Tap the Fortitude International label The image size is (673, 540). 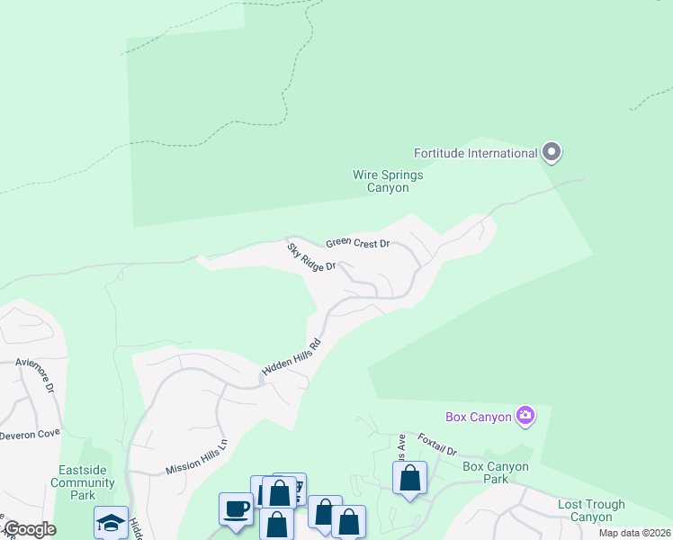(475, 153)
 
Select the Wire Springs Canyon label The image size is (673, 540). (388, 181)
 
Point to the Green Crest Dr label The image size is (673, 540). (357, 243)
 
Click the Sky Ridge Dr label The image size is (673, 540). (311, 256)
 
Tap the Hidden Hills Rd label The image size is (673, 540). (292, 357)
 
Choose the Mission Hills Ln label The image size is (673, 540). (197, 456)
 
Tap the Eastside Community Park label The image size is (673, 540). (85, 482)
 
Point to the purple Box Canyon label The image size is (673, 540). (478, 417)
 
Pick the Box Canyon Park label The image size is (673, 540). (496, 472)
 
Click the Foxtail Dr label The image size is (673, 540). (438, 448)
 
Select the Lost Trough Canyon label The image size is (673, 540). (591, 510)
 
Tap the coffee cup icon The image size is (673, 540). (237, 508)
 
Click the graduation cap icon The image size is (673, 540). (112, 522)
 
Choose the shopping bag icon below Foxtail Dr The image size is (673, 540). (409, 478)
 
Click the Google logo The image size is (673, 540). (29, 529)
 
